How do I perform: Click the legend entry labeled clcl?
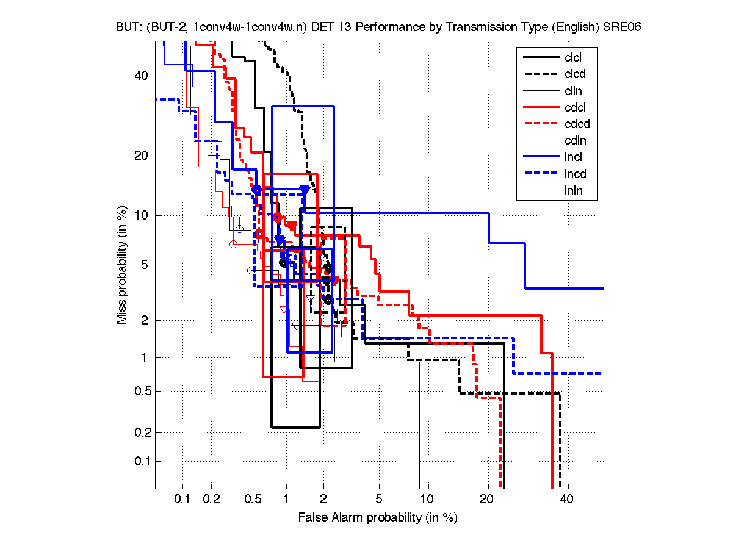[573, 57]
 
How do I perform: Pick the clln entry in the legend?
[573, 91]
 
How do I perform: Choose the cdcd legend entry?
[577, 124]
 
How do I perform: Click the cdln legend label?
[575, 141]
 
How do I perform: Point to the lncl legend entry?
[573, 157]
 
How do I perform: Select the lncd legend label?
[575, 174]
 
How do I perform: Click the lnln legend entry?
[573, 191]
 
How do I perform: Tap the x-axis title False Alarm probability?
[377, 518]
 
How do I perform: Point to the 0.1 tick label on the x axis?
[182, 499]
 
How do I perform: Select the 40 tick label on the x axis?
[566, 499]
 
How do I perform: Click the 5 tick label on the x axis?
[378, 499]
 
